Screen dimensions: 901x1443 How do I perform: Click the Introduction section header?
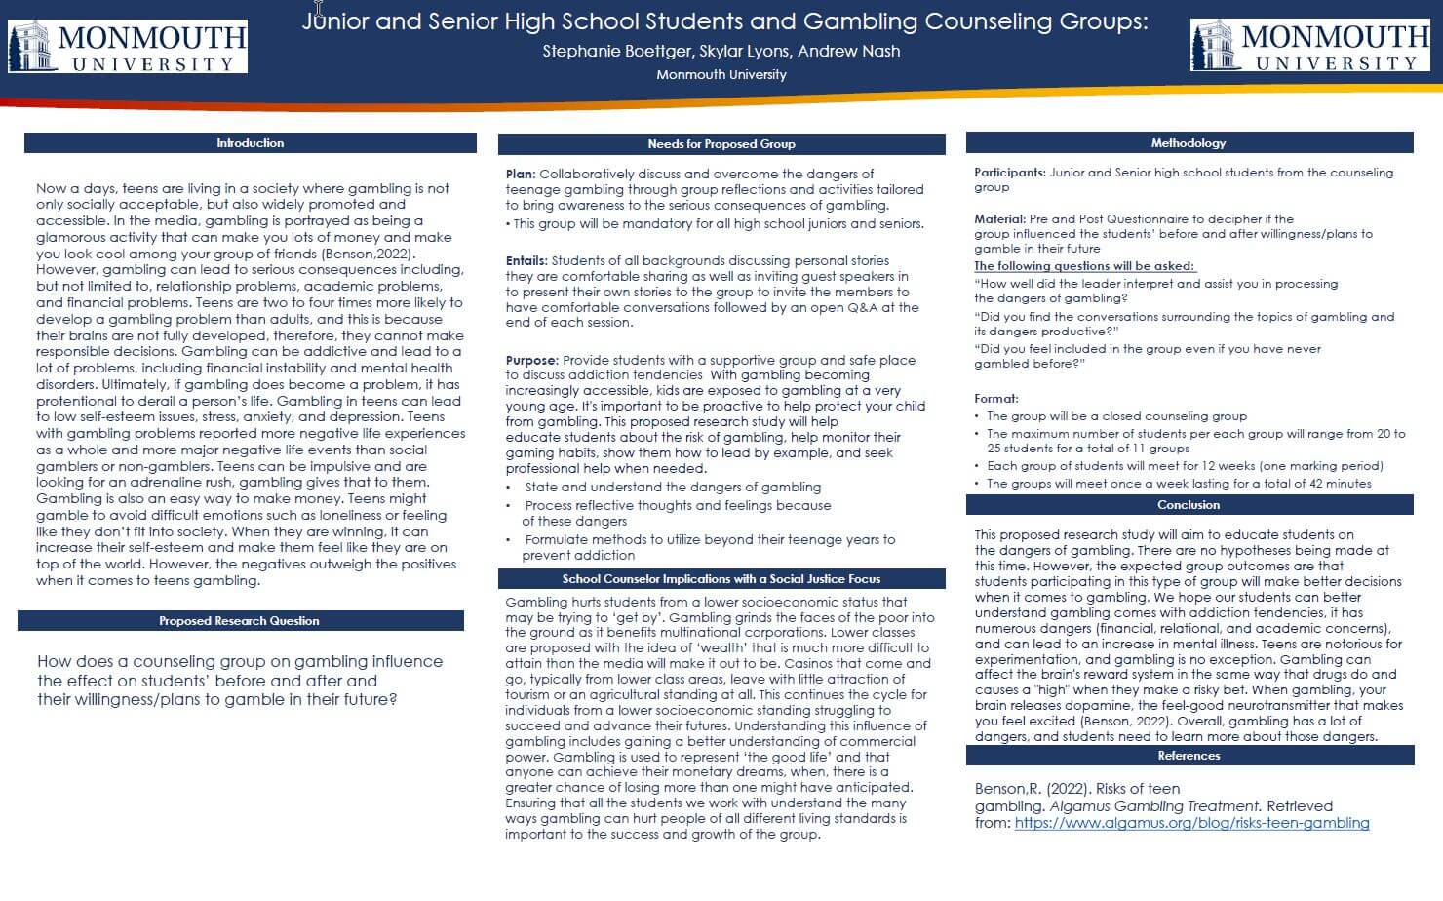click(x=250, y=143)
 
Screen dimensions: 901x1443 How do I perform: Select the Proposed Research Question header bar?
click(x=239, y=621)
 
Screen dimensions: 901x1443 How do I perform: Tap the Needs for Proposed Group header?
click(x=721, y=144)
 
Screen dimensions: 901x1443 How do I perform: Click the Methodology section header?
click(x=1189, y=143)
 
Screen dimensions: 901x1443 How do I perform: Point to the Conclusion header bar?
click(x=1189, y=505)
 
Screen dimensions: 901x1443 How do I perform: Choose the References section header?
click(x=1189, y=756)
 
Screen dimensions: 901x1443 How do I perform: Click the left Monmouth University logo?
click(x=128, y=47)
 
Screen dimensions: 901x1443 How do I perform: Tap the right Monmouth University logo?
click(x=1309, y=47)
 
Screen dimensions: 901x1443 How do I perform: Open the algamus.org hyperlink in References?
click(x=1191, y=823)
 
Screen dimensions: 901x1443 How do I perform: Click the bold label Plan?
click(x=521, y=174)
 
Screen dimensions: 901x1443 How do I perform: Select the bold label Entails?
click(x=526, y=261)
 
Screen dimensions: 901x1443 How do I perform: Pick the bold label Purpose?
click(x=532, y=360)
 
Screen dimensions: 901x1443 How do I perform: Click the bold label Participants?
click(x=1011, y=173)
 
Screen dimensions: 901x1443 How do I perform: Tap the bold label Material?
click(x=999, y=219)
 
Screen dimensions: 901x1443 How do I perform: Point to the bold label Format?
click(x=995, y=399)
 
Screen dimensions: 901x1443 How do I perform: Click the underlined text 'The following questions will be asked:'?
click(x=1084, y=266)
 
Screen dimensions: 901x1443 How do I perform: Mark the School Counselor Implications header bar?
click(x=721, y=579)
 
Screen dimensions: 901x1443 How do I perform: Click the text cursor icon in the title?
click(x=318, y=12)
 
